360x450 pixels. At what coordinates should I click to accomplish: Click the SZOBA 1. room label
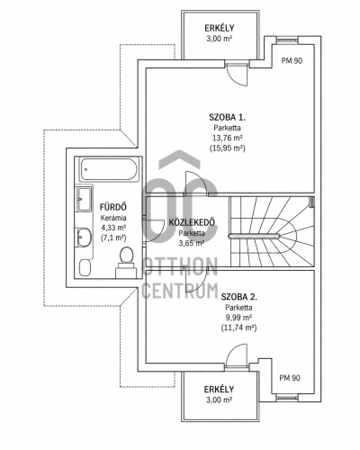click(x=227, y=117)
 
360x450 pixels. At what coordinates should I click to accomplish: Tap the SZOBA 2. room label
click(x=238, y=297)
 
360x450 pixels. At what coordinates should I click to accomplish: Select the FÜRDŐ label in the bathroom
click(x=113, y=207)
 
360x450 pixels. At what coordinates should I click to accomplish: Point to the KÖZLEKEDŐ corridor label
click(x=192, y=222)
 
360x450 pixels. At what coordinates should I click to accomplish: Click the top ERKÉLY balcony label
click(x=220, y=28)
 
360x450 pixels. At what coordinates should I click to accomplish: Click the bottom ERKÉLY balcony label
click(x=219, y=390)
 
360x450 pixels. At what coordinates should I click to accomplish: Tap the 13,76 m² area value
click(x=228, y=138)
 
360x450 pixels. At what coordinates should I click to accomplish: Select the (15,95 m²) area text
click(x=228, y=148)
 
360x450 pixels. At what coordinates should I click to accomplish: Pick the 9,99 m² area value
click(x=238, y=318)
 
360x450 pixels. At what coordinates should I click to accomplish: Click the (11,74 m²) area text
click(x=238, y=328)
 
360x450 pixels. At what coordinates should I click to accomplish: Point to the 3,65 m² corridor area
click(x=192, y=243)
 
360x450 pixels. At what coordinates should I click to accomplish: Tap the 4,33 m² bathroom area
click(x=113, y=228)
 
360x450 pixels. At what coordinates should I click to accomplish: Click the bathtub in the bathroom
click(x=109, y=169)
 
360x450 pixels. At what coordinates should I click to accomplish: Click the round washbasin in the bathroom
click(x=84, y=238)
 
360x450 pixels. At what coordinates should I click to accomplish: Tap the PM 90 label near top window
click(x=292, y=61)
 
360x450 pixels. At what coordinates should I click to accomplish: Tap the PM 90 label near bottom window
click(x=290, y=378)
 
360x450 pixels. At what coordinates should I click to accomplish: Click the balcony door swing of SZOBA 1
click(x=237, y=76)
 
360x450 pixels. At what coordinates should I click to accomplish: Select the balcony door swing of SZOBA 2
click(x=237, y=355)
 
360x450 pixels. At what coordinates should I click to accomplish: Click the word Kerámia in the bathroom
click(x=113, y=218)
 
